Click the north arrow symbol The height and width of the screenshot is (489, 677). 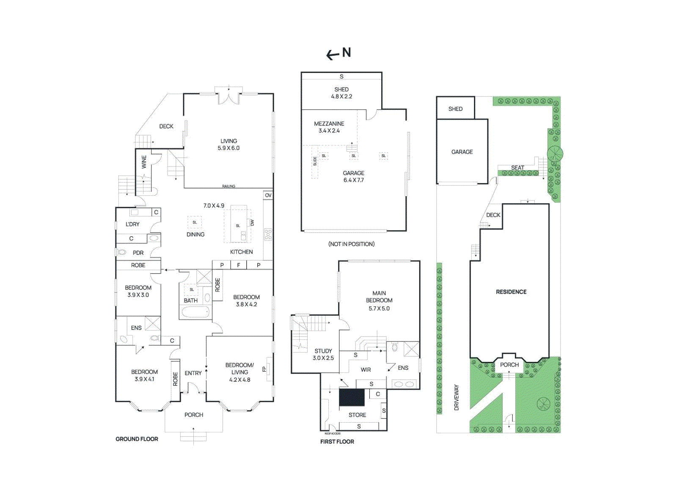coord(333,55)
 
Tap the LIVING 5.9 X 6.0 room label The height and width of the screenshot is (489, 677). coord(228,145)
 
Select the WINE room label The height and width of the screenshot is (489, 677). coord(144,162)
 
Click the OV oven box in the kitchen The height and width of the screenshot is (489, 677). coord(268,195)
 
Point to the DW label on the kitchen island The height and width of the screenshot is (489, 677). coord(252,222)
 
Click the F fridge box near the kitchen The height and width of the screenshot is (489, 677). coord(239,265)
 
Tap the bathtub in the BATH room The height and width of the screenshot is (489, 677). coord(195,313)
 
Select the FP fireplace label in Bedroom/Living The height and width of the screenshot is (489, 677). coord(264,369)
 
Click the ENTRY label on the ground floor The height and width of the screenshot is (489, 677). coord(193,373)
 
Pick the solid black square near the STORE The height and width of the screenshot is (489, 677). coord(352,398)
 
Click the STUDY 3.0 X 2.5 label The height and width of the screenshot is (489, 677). coord(323,354)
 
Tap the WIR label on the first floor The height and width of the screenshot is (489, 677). coord(366,369)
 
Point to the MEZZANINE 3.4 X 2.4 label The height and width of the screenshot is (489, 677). coord(329,127)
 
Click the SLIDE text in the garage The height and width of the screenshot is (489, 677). coord(315,161)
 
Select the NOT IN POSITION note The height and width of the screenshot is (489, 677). coord(351,244)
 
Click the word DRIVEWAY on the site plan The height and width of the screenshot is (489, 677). coord(456,397)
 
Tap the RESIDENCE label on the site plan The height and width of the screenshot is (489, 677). coord(511,292)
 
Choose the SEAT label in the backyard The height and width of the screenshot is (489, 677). coord(517,168)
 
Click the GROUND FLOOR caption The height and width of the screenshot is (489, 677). coord(137,439)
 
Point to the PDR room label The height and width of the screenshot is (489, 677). coord(138,253)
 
